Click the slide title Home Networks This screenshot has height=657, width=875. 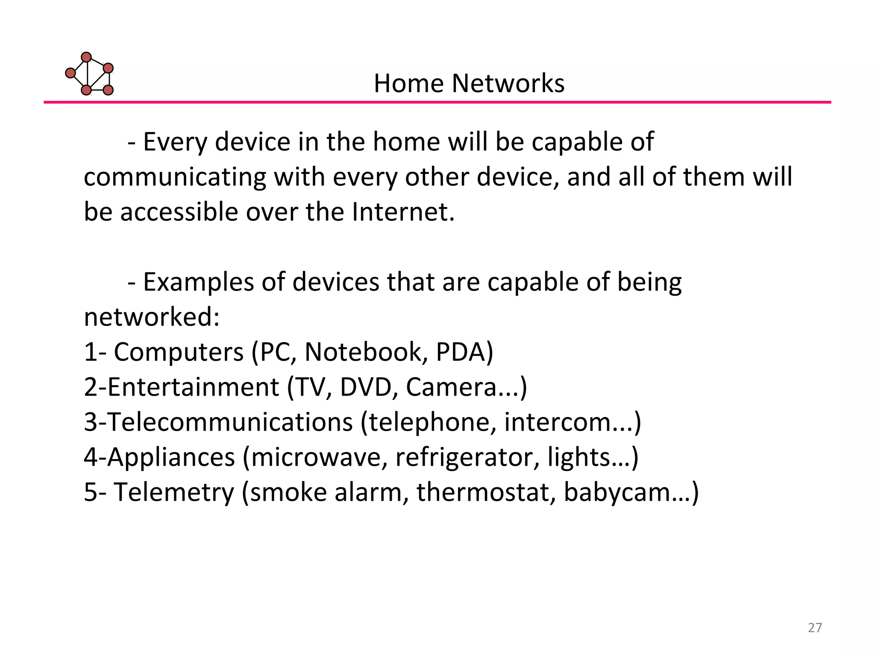469,83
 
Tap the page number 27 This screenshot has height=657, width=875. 815,627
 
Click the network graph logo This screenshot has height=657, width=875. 90,74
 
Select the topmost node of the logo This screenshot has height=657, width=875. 86,57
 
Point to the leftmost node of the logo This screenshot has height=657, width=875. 70,73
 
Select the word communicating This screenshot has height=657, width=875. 175,177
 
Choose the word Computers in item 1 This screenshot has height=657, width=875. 179,352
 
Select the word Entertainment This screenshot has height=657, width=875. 193,387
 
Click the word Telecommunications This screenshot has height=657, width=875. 230,422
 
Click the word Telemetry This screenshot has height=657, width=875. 174,492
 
